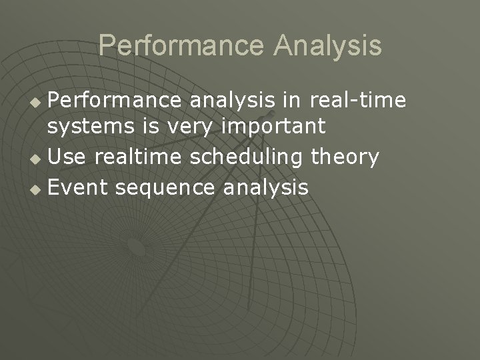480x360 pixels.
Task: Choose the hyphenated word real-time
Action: pyautogui.click(x=357, y=100)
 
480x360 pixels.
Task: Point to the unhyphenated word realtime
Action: pyautogui.click(x=140, y=157)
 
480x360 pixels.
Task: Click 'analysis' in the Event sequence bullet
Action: pyautogui.click(x=266, y=188)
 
